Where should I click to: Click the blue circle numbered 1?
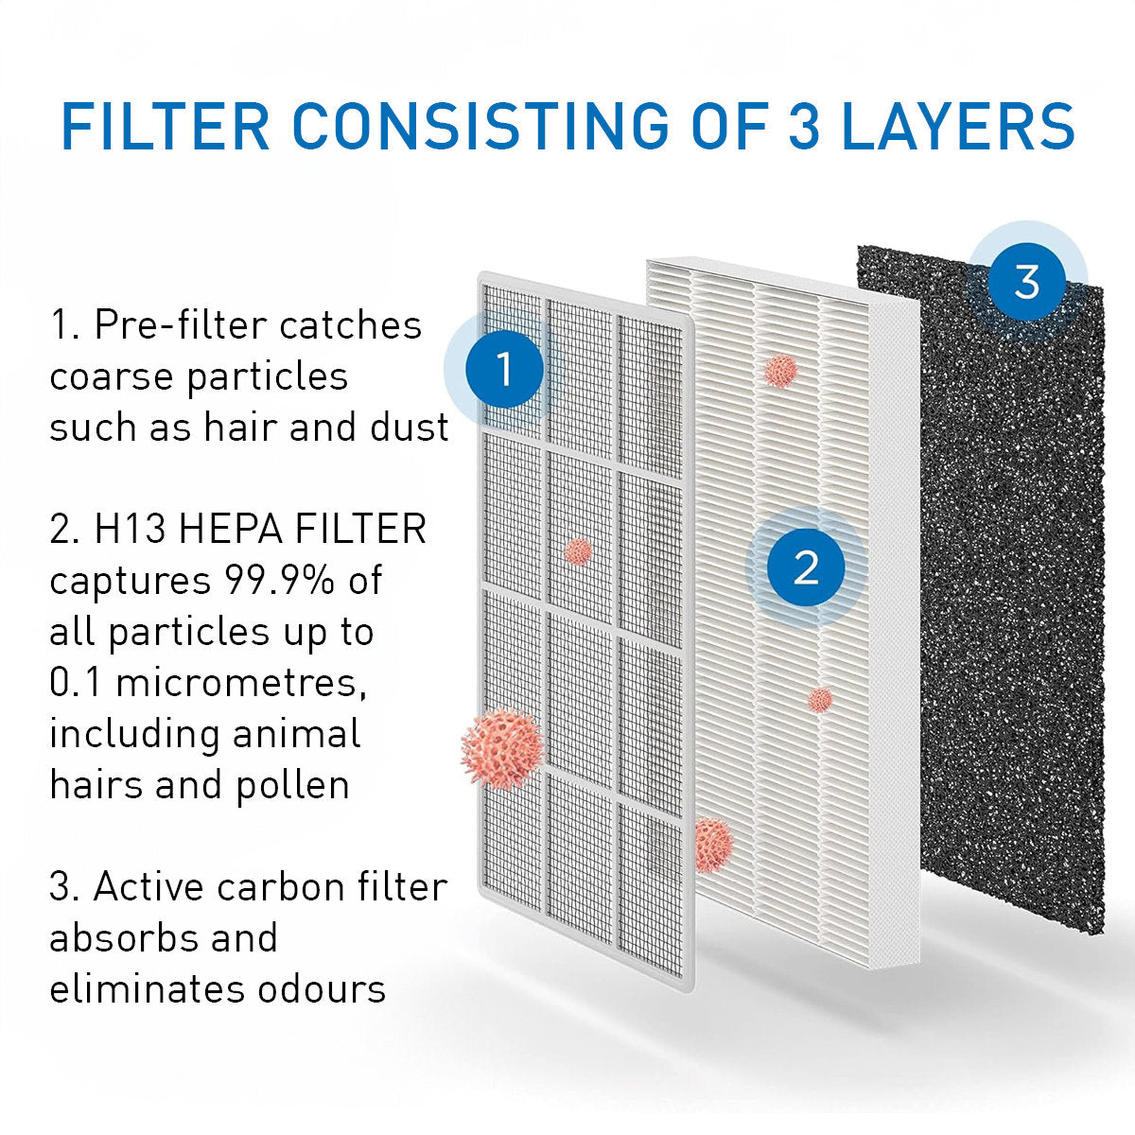coord(504,369)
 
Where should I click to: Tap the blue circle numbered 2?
coord(805,567)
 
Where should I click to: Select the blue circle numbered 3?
coord(1026,281)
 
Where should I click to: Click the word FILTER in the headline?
coord(165,127)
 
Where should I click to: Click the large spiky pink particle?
coord(501,748)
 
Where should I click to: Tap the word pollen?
coord(294,785)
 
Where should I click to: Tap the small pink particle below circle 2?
coord(819,700)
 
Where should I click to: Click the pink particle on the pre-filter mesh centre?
coord(577,550)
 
